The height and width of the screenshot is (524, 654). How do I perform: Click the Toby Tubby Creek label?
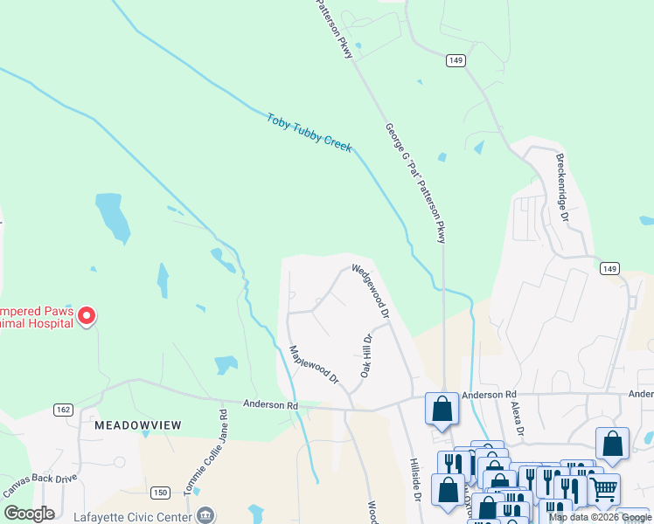click(310, 131)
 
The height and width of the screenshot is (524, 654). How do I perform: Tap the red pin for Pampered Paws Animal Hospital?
click(87, 315)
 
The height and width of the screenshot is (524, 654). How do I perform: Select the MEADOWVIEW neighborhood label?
click(137, 424)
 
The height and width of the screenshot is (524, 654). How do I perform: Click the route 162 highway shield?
click(62, 409)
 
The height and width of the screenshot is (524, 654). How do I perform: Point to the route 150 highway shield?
click(159, 493)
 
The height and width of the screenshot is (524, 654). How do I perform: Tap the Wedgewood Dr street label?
click(371, 291)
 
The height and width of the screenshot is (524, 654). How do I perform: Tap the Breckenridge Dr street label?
click(563, 188)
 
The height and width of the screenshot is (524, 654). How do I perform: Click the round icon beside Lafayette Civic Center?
click(205, 514)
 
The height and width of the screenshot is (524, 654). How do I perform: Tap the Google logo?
click(30, 514)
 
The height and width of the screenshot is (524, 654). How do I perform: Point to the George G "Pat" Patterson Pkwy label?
click(415, 183)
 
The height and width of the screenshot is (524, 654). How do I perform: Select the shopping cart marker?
click(604, 492)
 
